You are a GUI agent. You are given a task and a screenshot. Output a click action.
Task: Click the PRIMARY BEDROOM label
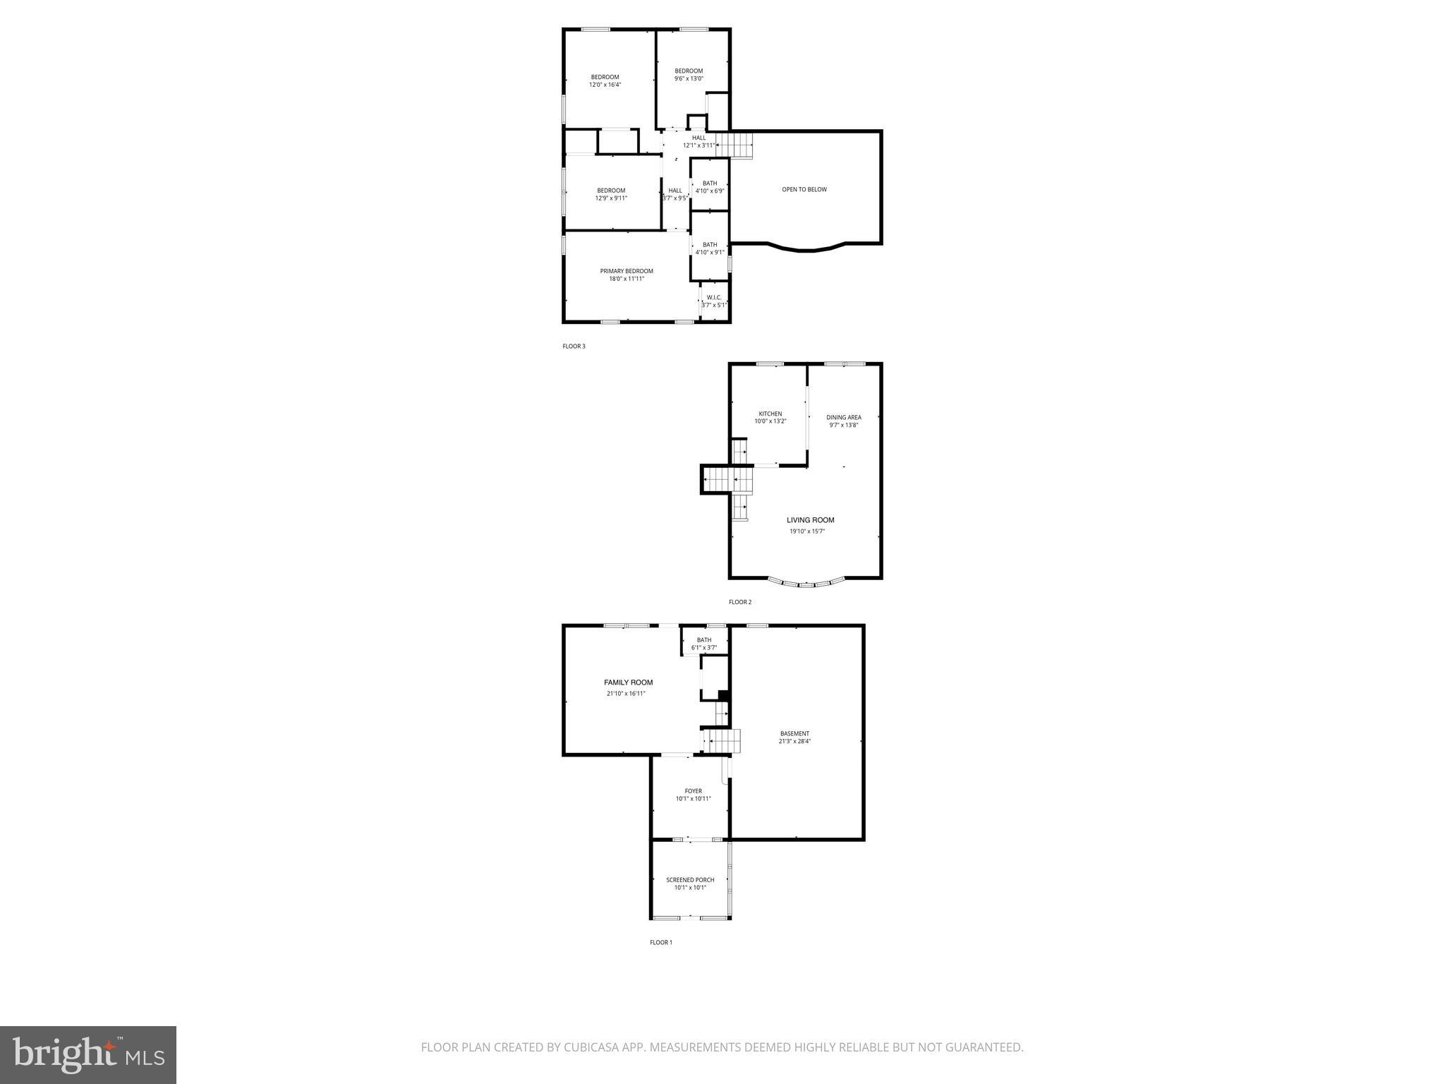click(x=627, y=271)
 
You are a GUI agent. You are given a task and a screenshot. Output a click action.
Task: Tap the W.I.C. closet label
click(x=713, y=297)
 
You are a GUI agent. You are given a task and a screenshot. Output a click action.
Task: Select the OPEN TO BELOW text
click(x=804, y=189)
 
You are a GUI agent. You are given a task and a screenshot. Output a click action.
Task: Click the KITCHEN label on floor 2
click(x=770, y=414)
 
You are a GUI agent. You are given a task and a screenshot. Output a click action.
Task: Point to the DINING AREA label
click(x=844, y=417)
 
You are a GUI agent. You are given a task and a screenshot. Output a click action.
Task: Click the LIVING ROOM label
click(x=810, y=520)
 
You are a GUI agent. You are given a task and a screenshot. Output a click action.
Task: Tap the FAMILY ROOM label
click(x=628, y=682)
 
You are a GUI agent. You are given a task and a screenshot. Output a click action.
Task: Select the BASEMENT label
click(x=794, y=733)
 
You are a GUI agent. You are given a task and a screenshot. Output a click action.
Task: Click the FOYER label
click(x=693, y=791)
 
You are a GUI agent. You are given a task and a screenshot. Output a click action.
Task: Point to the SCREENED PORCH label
click(x=690, y=880)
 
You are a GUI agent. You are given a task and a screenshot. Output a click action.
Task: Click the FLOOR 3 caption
click(x=574, y=347)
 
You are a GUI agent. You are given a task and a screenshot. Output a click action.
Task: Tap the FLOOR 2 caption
click(x=740, y=602)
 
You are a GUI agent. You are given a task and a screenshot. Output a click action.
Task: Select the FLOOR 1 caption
click(x=661, y=942)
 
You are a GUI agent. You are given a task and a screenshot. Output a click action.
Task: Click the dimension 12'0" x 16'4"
click(x=605, y=85)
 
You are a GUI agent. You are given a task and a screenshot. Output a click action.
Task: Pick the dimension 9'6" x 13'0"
click(x=689, y=78)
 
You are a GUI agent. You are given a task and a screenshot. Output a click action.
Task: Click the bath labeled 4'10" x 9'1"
click(x=709, y=248)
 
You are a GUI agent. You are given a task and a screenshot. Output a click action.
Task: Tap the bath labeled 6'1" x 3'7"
click(x=704, y=644)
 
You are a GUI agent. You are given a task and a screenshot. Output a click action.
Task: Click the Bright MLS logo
click(x=88, y=1055)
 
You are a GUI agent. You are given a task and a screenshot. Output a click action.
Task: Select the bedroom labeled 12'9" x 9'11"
click(x=611, y=194)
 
